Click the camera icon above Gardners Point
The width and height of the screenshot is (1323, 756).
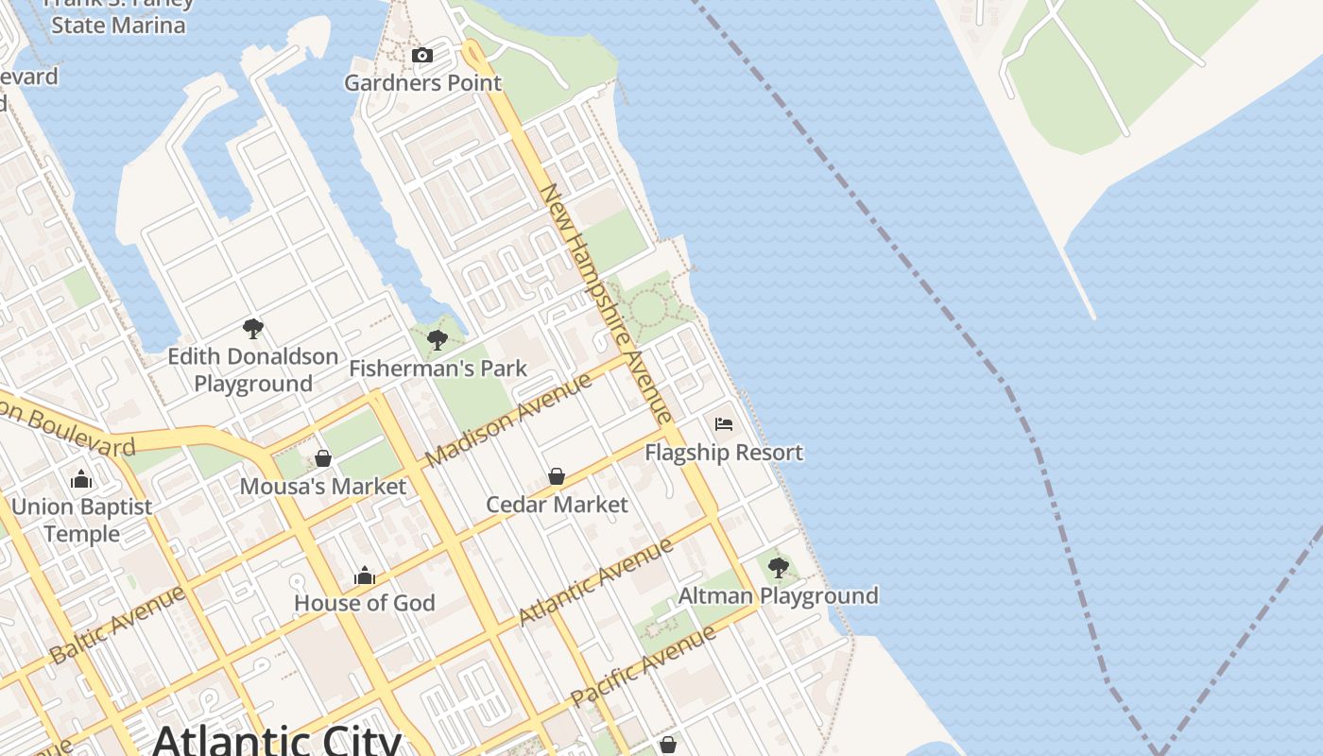point(422,56)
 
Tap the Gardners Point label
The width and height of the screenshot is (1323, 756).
point(422,83)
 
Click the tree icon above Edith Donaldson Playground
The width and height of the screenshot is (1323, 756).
point(252,329)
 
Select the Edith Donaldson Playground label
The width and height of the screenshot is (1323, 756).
point(253,370)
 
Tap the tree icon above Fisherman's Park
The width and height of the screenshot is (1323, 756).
point(437,340)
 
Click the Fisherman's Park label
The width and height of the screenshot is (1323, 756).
point(438,369)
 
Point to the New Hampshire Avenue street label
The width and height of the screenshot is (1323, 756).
point(606,302)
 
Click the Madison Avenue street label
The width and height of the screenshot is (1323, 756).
point(508,420)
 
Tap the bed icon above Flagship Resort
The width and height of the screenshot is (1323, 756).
point(724,424)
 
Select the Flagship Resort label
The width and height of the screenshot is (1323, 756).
point(724,453)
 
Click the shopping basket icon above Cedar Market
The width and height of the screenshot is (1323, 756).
point(557,476)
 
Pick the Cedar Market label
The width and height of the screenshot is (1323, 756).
point(557,505)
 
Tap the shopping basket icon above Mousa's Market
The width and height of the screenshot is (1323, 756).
point(323,458)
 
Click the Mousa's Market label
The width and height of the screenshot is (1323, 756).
point(323,487)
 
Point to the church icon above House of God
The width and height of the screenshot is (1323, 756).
point(365,575)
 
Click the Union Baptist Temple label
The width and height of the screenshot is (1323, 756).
point(81,521)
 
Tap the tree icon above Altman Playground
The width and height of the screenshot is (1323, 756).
point(779,568)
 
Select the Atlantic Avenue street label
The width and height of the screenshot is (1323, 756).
point(596,580)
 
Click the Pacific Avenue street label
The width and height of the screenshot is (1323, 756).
point(644,666)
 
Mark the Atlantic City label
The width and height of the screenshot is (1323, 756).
point(278,738)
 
